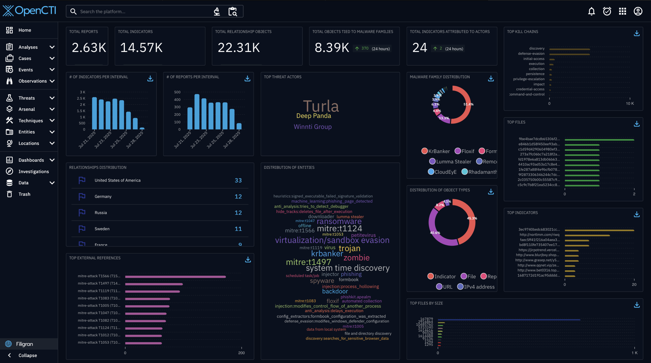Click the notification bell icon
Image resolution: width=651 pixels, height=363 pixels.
[591, 11]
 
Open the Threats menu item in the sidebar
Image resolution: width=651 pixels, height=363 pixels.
[26, 98]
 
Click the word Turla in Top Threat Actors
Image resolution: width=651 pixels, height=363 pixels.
[321, 106]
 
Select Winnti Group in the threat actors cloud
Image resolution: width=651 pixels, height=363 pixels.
[313, 127]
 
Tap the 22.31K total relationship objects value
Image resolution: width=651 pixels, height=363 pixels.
[239, 48]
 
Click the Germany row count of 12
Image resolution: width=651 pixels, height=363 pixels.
[238, 197]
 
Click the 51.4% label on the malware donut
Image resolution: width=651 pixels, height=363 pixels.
[468, 104]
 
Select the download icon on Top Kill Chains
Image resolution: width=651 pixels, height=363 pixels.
[637, 33]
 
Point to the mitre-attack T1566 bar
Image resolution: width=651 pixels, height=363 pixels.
[175, 277]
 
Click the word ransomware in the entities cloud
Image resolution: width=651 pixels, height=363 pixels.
[339, 221]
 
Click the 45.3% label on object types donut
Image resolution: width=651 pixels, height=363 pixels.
[472, 218]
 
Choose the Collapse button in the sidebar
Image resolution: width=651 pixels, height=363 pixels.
[27, 355]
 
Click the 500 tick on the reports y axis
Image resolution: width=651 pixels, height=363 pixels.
[177, 92]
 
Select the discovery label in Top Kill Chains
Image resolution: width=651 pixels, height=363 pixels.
[537, 48]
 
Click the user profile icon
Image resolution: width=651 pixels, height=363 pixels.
[638, 11]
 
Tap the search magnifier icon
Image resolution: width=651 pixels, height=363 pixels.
[73, 11]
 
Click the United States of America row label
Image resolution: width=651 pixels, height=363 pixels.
[117, 180]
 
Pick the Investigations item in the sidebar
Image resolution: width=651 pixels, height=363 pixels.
[34, 172]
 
